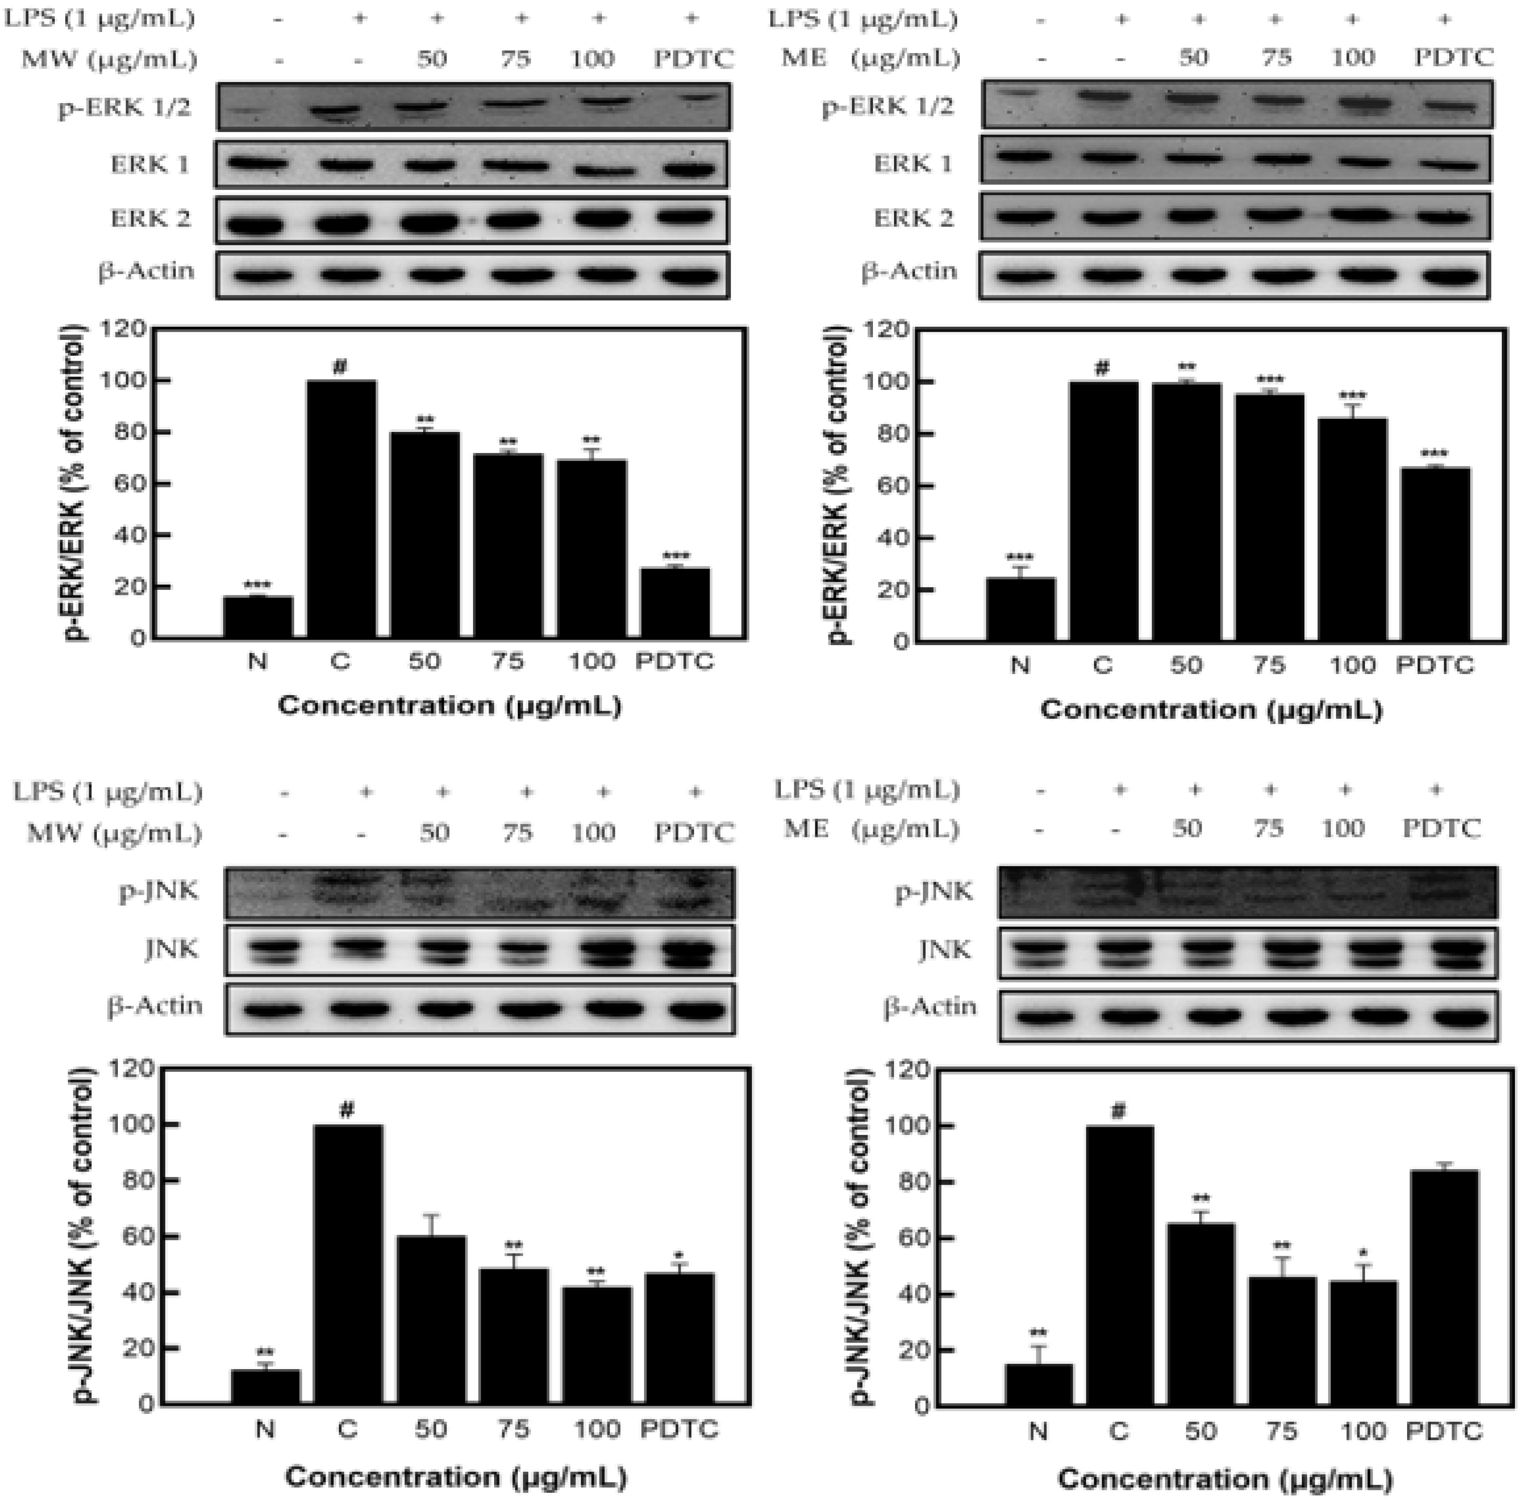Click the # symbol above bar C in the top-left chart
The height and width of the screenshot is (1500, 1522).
(x=341, y=367)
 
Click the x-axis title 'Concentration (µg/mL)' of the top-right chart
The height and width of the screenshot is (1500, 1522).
(x=1211, y=710)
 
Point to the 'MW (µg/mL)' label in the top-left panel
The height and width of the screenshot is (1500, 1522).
(x=109, y=58)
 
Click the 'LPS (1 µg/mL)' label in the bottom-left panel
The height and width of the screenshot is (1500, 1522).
(x=107, y=791)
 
